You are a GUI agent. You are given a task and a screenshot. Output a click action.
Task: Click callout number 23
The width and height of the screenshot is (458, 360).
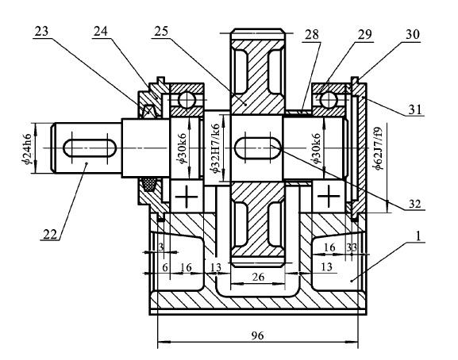[41, 31]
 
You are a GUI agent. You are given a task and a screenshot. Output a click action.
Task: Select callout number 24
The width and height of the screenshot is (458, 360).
[101, 31]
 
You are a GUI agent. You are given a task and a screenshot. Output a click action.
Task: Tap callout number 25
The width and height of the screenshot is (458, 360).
[161, 31]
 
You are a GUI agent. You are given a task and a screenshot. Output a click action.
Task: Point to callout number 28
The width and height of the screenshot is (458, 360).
[312, 35]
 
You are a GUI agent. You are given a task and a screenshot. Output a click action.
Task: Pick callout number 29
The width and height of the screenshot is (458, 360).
[365, 35]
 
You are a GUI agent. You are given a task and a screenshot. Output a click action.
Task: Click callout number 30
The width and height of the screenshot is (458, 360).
[413, 35]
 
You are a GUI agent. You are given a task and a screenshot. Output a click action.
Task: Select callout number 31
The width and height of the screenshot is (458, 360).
[415, 109]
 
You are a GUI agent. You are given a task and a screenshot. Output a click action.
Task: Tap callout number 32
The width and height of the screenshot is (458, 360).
[415, 204]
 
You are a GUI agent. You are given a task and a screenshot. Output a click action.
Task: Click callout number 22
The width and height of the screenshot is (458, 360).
[50, 234]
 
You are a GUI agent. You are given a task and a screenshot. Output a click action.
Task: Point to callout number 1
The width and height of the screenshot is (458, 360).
[418, 236]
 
